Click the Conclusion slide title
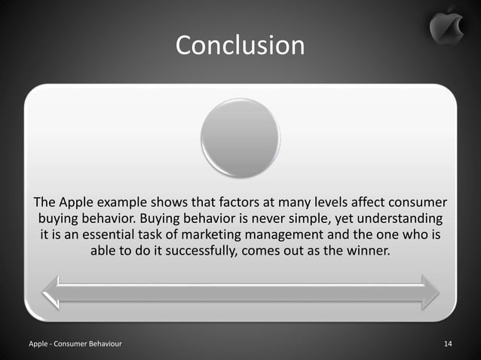point(240,45)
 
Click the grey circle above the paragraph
point(240,138)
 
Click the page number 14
point(448,344)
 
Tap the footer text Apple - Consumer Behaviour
point(75,344)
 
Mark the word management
point(286,236)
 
